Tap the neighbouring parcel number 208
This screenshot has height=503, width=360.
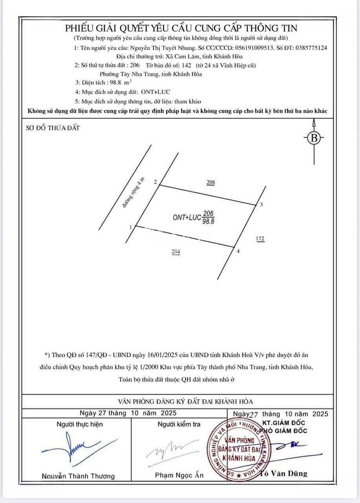pyautogui.click(x=211, y=183)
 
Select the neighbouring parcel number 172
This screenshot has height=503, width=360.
pyautogui.click(x=260, y=239)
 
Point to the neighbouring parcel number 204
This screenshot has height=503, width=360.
pyautogui.click(x=176, y=252)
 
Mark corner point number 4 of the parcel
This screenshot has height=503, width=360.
pyautogui.click(x=238, y=251)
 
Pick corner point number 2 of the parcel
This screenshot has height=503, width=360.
pyautogui.click(x=155, y=182)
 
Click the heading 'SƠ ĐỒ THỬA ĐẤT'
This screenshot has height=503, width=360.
pyautogui.click(x=53, y=128)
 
